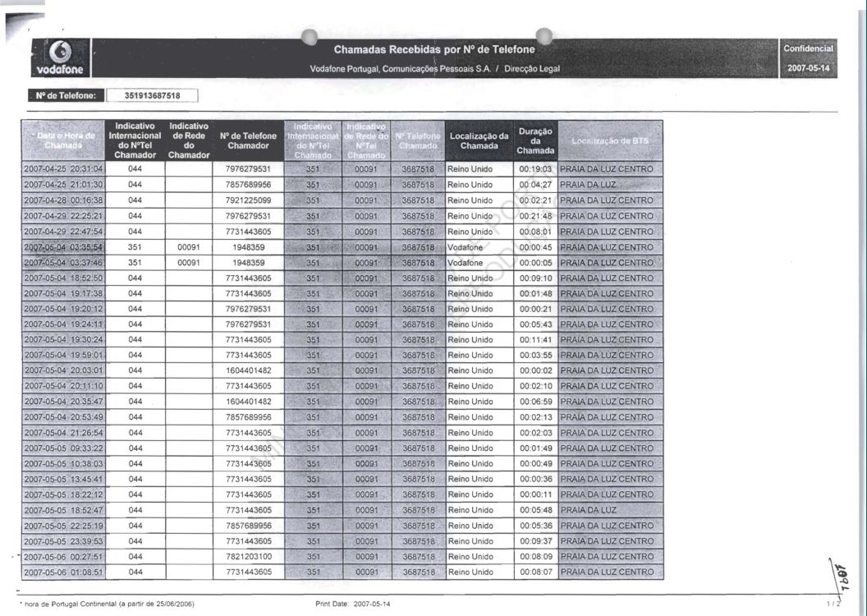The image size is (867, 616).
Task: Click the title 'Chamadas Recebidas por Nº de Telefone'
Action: (434, 50)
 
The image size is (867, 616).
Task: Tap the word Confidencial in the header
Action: (809, 49)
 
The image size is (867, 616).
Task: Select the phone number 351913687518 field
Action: (152, 96)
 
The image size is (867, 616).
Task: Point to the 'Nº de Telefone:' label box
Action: (66, 96)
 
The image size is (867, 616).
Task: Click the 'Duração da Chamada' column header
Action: (536, 140)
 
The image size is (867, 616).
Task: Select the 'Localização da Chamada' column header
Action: (479, 140)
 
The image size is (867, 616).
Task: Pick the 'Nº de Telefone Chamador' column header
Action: (248, 140)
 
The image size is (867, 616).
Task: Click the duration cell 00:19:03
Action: (535, 169)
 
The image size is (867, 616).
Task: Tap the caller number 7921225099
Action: (248, 200)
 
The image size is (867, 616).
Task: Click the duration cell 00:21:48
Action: (535, 216)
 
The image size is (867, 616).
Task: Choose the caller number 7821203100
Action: (248, 556)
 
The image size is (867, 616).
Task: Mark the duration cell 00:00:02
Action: (535, 370)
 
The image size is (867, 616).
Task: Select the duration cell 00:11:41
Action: (535, 339)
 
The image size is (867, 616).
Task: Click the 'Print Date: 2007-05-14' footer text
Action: (353, 604)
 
